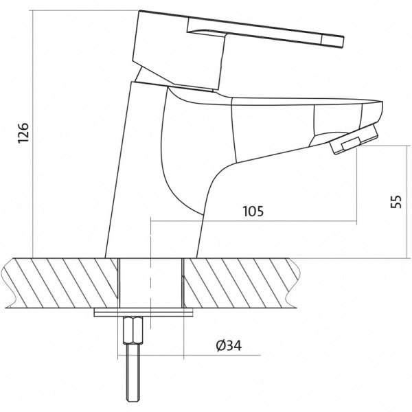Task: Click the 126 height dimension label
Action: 23,133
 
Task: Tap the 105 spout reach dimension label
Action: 253,211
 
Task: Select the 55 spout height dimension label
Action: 396,201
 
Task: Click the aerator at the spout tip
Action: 354,139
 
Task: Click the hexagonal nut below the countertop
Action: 133,330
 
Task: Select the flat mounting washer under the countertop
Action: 144,313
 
